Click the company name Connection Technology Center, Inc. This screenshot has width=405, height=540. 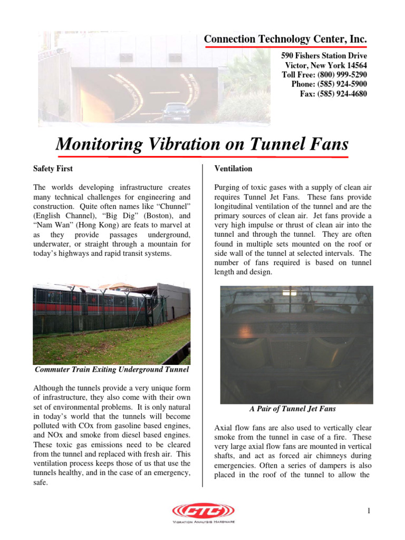[285, 39]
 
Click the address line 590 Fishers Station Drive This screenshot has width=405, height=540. [324, 56]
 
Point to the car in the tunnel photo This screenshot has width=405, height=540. [176, 112]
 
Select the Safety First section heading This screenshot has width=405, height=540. [53, 169]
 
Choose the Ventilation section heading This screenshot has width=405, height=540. [233, 169]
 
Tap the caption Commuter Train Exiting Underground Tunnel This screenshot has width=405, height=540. [111, 370]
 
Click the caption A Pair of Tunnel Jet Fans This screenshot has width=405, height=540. [293, 409]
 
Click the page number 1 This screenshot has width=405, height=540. [370, 510]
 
